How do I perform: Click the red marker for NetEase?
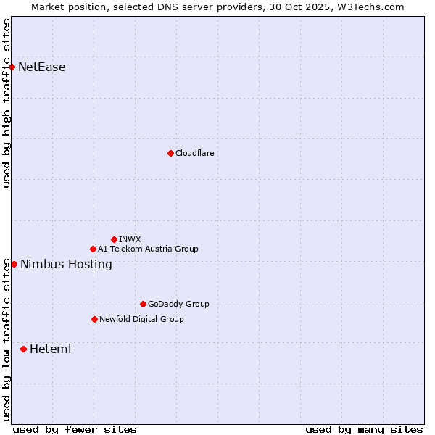click(12, 67)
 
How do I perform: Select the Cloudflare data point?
click(170, 153)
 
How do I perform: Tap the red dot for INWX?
click(114, 239)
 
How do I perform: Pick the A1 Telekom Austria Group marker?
click(93, 249)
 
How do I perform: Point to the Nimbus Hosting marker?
click(14, 264)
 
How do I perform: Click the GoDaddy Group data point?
click(143, 304)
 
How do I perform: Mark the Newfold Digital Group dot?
click(94, 319)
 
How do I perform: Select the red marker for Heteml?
click(23, 349)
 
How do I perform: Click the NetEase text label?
click(42, 67)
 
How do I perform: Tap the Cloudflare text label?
click(195, 153)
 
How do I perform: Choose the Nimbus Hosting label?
click(66, 265)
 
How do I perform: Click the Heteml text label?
click(50, 349)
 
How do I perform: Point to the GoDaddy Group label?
click(178, 304)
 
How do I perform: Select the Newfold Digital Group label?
click(141, 319)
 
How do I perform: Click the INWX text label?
click(130, 239)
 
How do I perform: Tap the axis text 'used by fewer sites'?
click(75, 429)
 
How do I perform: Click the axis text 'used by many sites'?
click(364, 429)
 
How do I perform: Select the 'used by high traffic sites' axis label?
click(7, 103)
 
